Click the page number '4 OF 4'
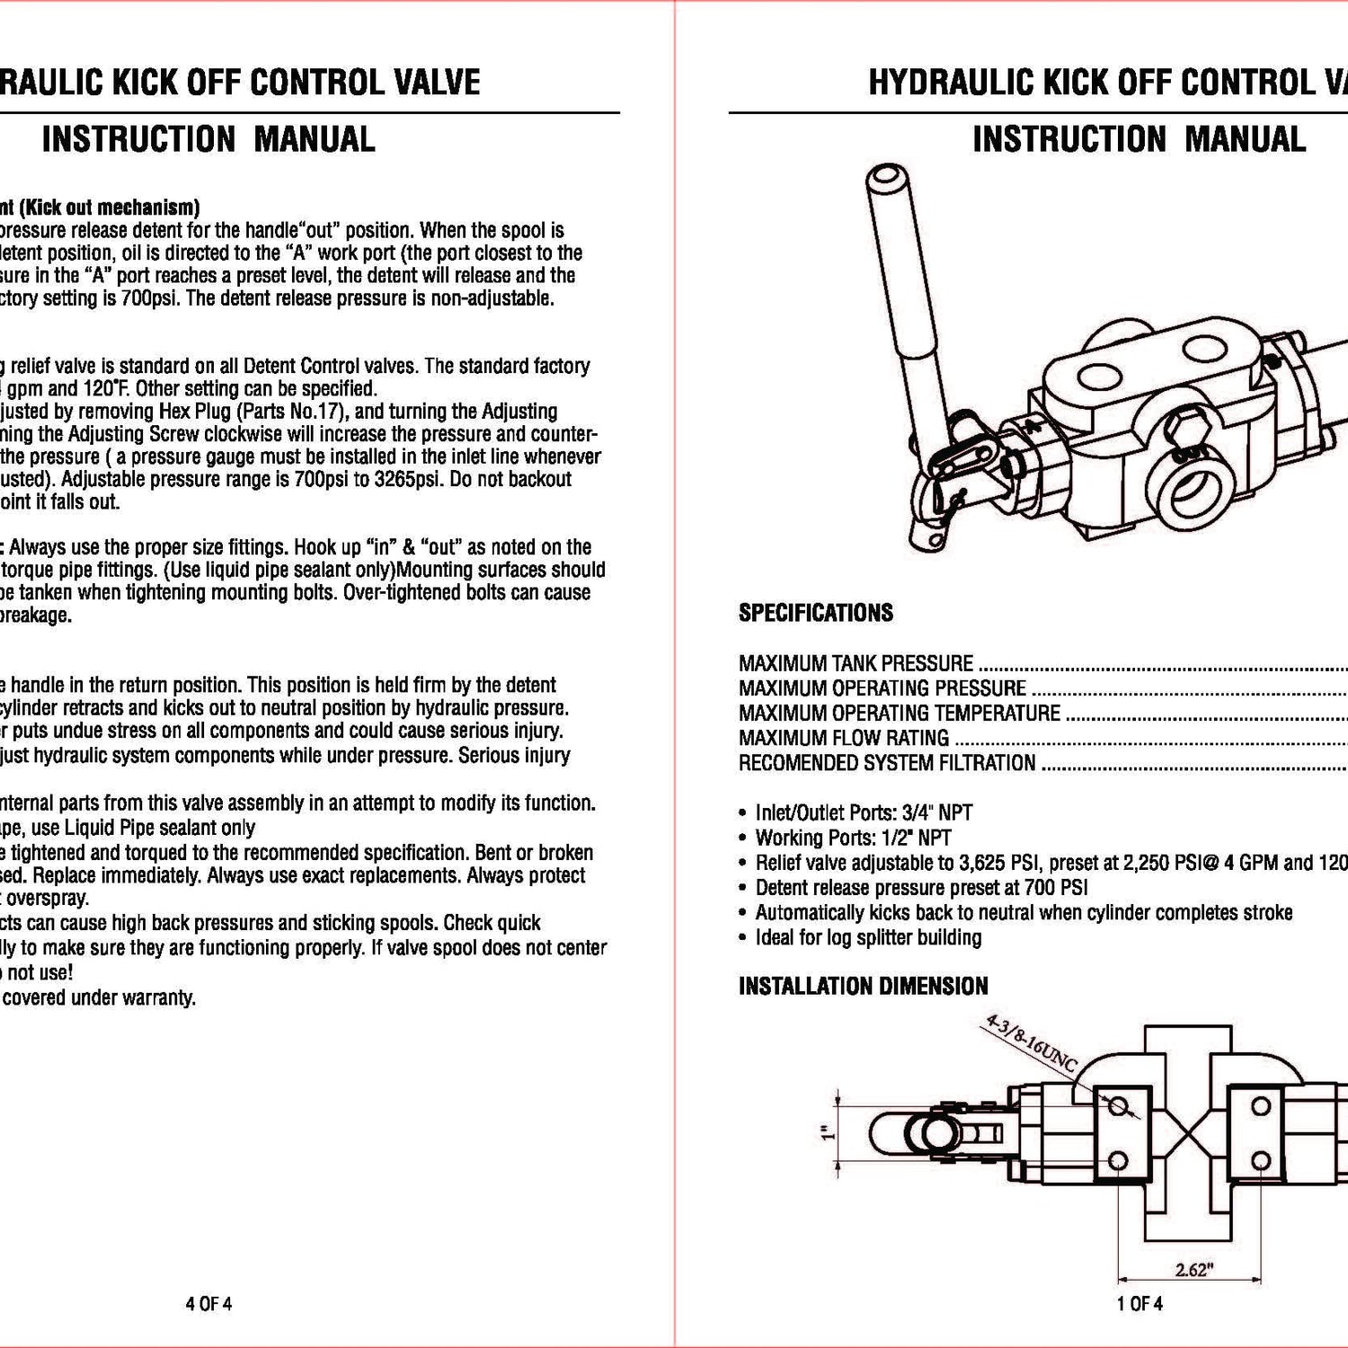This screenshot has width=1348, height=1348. [x=208, y=1303]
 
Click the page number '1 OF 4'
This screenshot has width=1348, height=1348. [x=1140, y=1303]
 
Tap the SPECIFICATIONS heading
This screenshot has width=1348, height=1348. [x=815, y=613]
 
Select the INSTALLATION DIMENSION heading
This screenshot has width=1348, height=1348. [x=863, y=986]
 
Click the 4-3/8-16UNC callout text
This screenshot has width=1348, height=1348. [x=1031, y=1045]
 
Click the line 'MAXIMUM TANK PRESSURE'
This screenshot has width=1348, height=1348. [x=856, y=663]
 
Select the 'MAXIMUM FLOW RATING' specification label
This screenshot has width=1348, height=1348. [x=843, y=738]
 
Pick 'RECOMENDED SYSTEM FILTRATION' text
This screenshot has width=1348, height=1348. [x=886, y=763]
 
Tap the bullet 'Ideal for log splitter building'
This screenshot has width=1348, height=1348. [x=868, y=937]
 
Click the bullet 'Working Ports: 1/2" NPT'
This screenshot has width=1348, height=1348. [x=853, y=838]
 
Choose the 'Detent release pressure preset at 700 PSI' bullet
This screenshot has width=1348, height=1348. [x=921, y=888]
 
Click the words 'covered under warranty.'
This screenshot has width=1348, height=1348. [x=101, y=998]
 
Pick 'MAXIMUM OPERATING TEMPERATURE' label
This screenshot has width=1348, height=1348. [x=899, y=713]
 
